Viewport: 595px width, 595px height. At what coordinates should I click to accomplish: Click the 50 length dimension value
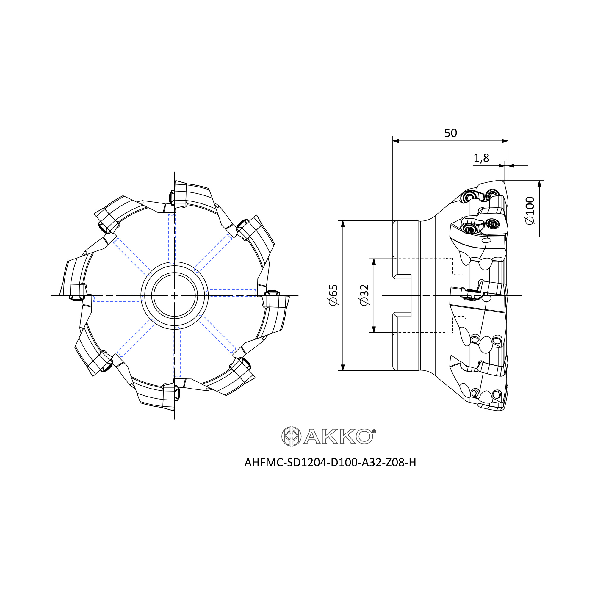coord(450,133)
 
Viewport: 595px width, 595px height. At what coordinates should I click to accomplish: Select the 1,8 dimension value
coord(481,158)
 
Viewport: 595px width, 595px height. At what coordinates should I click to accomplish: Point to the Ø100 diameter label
coord(530,211)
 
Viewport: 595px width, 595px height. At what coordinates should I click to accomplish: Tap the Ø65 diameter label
coord(333,295)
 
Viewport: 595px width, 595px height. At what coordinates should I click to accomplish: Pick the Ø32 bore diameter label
coord(364,295)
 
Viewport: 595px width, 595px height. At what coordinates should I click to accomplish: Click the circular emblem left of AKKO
coord(291,436)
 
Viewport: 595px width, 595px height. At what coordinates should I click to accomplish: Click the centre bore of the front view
coord(175,296)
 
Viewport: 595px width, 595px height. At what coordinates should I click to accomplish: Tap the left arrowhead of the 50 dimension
coord(396,141)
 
